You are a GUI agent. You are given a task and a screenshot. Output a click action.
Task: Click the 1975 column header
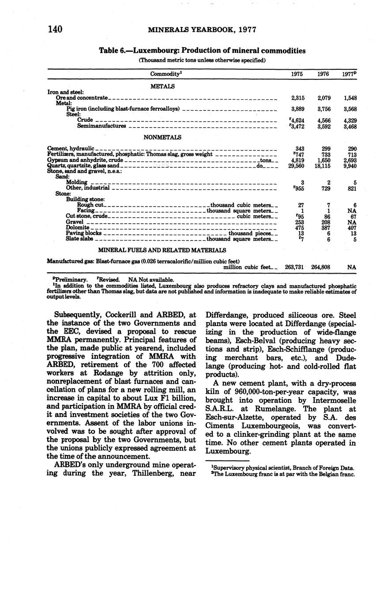[x=297, y=74]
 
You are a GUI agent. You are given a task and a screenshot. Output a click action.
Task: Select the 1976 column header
[x=323, y=74]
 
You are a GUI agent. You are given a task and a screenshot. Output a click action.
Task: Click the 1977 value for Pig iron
[x=349, y=109]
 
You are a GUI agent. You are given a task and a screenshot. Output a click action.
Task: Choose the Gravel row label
[x=75, y=222]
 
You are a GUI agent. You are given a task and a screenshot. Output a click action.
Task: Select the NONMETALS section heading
[x=162, y=137]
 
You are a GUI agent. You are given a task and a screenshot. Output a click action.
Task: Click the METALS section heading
[x=162, y=86]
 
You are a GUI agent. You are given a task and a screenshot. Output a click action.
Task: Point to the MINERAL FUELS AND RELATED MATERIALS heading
[x=162, y=250]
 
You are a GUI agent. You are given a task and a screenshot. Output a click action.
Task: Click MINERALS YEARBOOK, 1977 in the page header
[x=202, y=30]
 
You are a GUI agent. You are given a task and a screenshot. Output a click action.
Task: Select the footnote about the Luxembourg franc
[x=283, y=474]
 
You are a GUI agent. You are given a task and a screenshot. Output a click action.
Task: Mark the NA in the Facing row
[x=352, y=211]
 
